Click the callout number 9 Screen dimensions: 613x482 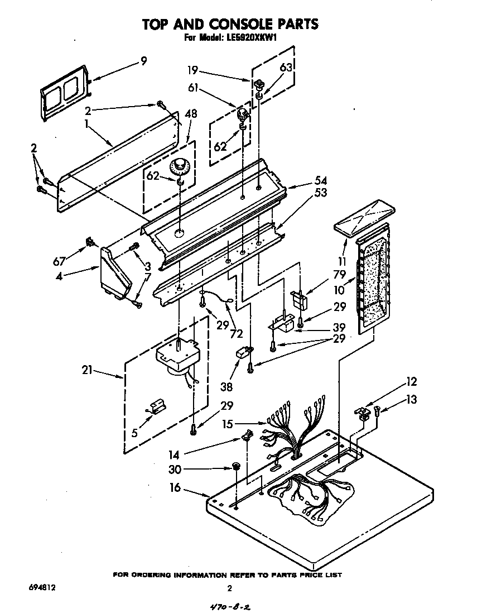[143, 61]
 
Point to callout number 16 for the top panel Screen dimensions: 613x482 [176, 488]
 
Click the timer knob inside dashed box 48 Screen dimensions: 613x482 [180, 166]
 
